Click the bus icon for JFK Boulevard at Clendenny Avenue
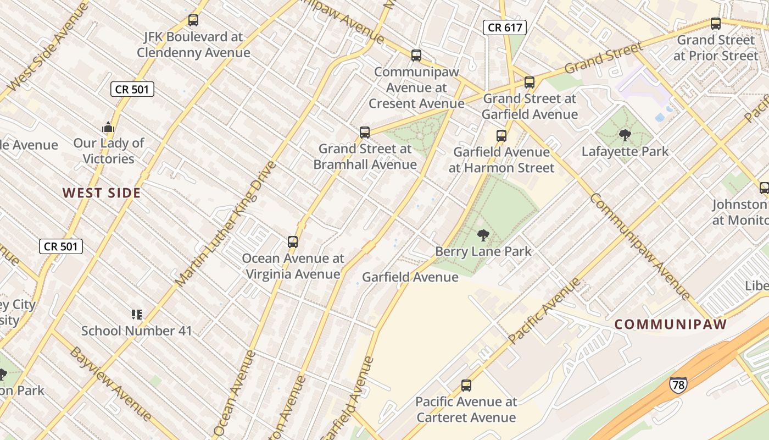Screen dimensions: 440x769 (193, 20)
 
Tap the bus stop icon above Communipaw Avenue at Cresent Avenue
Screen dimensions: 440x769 (416, 56)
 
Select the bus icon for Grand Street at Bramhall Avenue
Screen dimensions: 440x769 (365, 133)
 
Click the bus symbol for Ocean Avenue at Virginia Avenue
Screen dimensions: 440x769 (293, 242)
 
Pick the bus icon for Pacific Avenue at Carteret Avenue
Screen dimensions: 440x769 (466, 386)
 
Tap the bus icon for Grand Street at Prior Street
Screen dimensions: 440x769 (715, 24)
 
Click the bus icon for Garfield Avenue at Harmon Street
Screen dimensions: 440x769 (501, 136)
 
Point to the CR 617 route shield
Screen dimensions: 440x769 (505, 28)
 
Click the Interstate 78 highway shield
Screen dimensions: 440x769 (678, 384)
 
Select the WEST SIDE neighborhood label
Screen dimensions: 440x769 (102, 193)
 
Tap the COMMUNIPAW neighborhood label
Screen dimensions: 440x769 (670, 324)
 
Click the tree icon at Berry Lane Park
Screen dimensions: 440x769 (483, 236)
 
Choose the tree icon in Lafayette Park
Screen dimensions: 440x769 (625, 135)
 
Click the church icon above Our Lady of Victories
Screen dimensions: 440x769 (108, 128)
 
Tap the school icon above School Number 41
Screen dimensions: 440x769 (137, 315)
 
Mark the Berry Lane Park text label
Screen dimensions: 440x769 (483, 252)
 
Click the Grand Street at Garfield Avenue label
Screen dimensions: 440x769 (530, 107)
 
